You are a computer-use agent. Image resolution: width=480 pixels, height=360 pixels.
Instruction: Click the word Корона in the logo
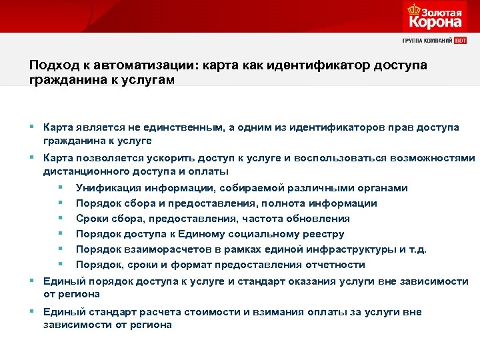pyautogui.click(x=435, y=21)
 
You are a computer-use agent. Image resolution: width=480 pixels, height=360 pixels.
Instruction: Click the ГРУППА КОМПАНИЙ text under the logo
pyautogui.click(x=427, y=41)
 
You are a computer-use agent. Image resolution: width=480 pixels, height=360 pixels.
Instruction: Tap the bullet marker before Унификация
pyautogui.click(x=61, y=188)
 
